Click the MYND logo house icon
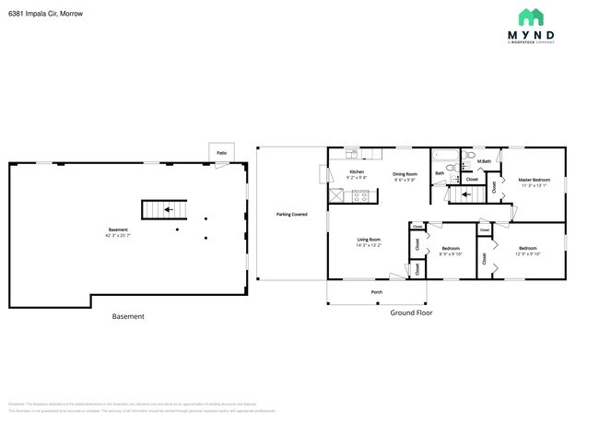click(531, 17)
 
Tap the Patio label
click(221, 153)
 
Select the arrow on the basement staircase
click(168, 209)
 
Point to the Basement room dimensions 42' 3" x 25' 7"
click(118, 235)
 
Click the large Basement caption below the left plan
click(128, 316)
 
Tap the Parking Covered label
click(291, 214)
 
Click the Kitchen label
click(356, 172)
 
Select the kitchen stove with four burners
click(360, 195)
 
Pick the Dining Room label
click(405, 173)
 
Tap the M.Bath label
click(484, 162)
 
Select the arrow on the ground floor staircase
click(466, 194)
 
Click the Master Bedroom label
click(533, 180)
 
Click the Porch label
click(376, 292)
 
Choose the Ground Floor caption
click(412, 312)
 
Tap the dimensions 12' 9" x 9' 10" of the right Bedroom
click(527, 254)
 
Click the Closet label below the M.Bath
click(471, 179)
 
